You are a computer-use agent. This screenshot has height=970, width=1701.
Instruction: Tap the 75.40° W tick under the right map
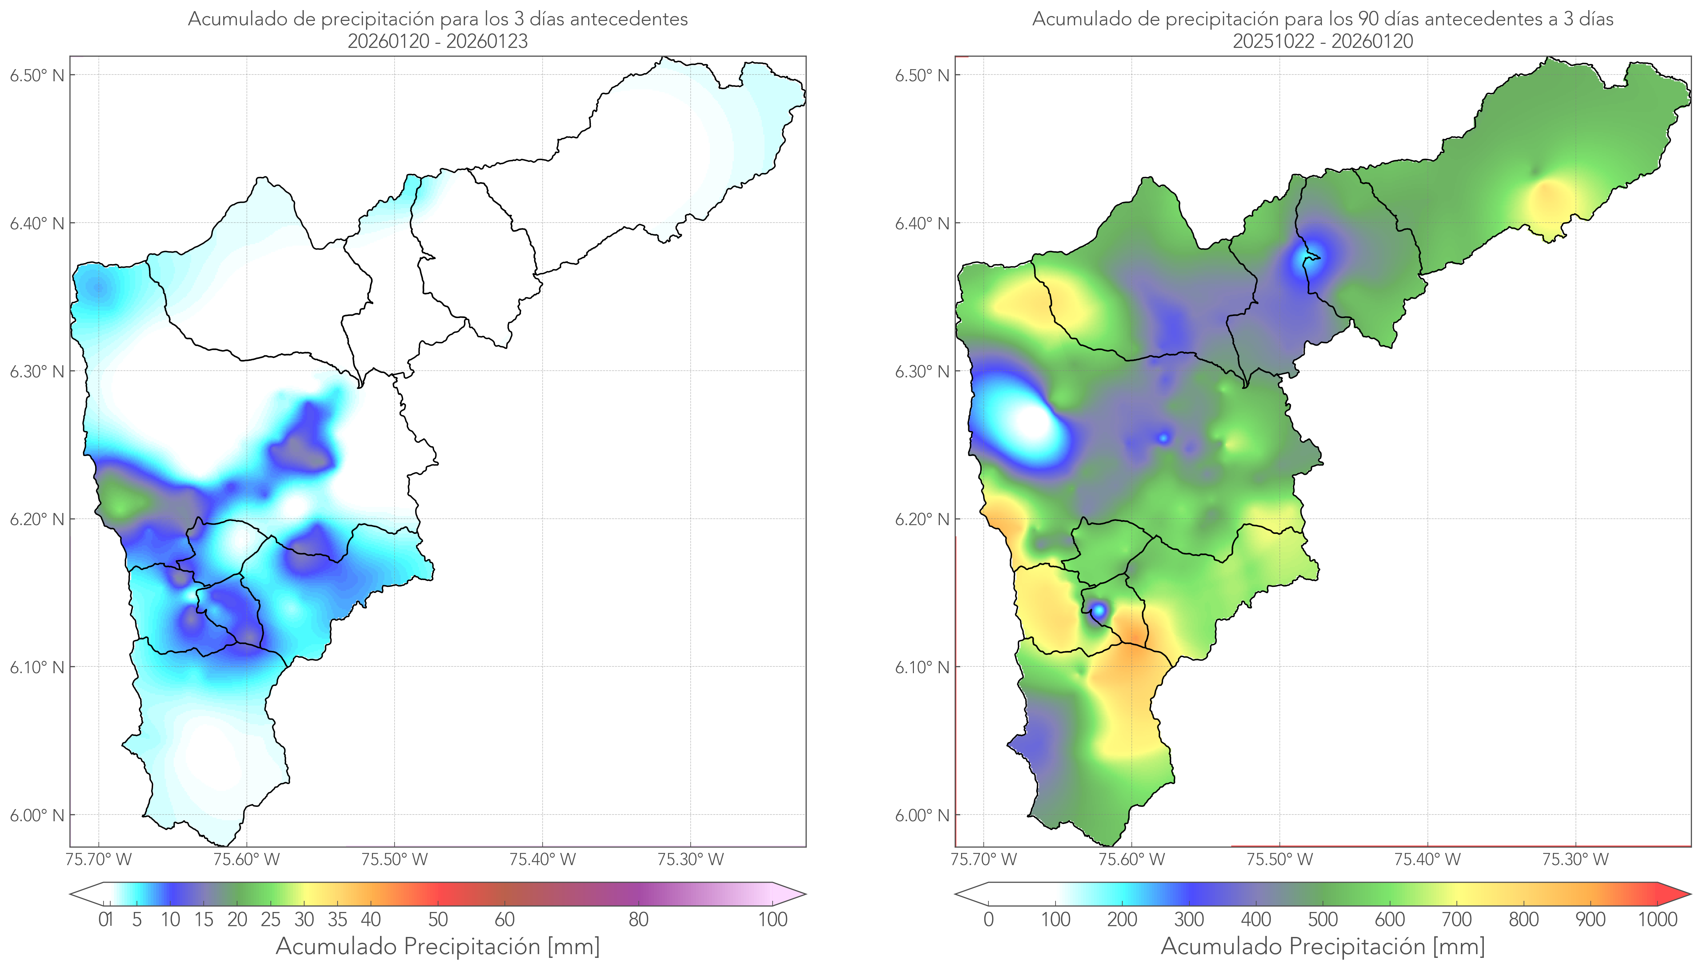coord(1427,859)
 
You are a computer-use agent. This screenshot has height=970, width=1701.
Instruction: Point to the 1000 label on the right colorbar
coord(1657,919)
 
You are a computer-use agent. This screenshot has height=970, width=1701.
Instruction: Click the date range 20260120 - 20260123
coord(438,41)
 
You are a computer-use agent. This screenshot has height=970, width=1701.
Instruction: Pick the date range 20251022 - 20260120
coord(1323,41)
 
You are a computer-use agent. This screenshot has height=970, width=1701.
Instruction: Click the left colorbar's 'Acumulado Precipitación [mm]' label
coord(438,946)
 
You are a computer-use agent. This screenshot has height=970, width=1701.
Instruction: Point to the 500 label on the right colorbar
coord(1323,919)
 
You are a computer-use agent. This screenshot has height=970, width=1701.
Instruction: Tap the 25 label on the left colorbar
coord(270,919)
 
